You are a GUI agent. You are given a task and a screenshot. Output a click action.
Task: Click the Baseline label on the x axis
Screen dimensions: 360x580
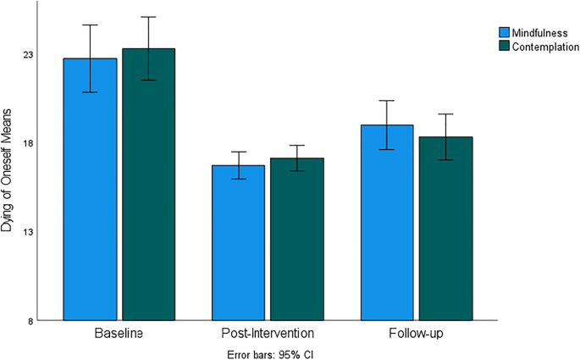(119, 334)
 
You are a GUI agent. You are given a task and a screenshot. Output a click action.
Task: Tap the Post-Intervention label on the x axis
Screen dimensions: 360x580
(268, 334)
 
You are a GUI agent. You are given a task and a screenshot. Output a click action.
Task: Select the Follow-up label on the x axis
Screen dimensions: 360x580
(416, 334)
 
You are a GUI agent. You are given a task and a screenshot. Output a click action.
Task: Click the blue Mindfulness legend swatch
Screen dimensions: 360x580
(502, 33)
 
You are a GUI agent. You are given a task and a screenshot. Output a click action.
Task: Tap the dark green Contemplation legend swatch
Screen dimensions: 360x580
(502, 47)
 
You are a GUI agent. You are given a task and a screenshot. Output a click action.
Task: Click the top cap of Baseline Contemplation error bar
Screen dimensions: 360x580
(148, 17)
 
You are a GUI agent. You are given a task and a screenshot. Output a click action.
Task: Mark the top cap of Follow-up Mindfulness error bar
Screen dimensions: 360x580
(387, 101)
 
